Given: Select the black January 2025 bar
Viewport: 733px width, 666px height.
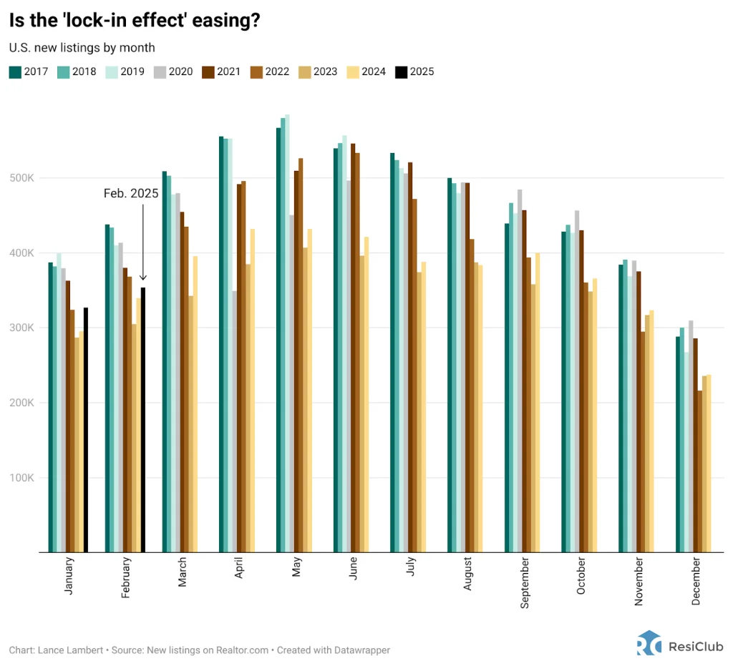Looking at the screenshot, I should [86, 429].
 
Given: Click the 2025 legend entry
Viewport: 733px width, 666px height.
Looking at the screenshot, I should [414, 72].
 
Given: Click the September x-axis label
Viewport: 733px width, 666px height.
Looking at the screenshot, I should [525, 587].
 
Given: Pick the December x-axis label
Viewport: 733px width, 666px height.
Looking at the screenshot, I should [696, 584].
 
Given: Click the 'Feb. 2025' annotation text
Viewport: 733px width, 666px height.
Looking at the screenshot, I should [131, 193].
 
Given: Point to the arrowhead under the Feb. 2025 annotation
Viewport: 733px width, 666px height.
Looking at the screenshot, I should [143, 278].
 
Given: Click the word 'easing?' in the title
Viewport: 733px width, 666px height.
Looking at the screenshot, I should [230, 21].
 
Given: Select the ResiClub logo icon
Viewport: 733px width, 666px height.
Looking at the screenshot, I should [649, 642].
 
